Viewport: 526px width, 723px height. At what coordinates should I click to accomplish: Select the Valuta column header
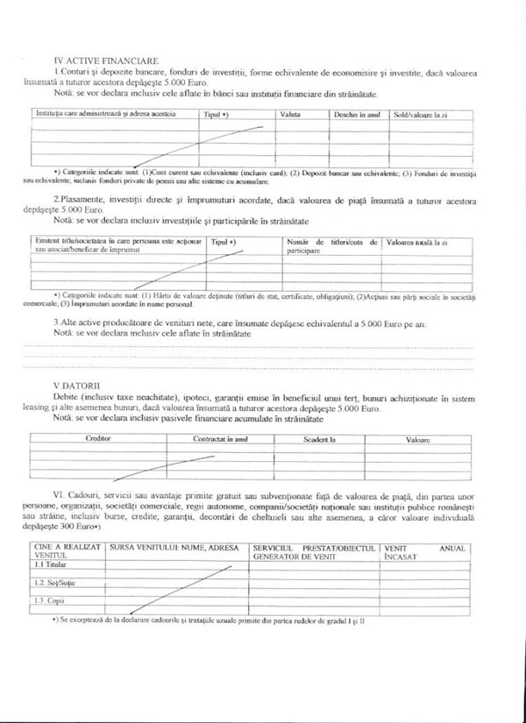(290, 115)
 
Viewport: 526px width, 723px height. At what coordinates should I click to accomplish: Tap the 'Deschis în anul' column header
(356, 115)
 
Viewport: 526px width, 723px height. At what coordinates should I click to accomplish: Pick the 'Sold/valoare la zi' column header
(420, 115)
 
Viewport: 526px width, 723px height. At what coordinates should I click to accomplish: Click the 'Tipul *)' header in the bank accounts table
(217, 115)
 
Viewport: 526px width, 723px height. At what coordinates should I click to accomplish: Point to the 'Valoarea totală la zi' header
(416, 242)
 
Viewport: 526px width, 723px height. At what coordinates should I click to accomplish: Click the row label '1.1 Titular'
(46, 565)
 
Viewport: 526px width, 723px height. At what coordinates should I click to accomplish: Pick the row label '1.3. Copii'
(46, 600)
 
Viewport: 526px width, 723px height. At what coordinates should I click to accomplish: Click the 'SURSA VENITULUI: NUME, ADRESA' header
(174, 548)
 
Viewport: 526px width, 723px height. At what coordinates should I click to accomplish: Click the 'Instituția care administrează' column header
(105, 115)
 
